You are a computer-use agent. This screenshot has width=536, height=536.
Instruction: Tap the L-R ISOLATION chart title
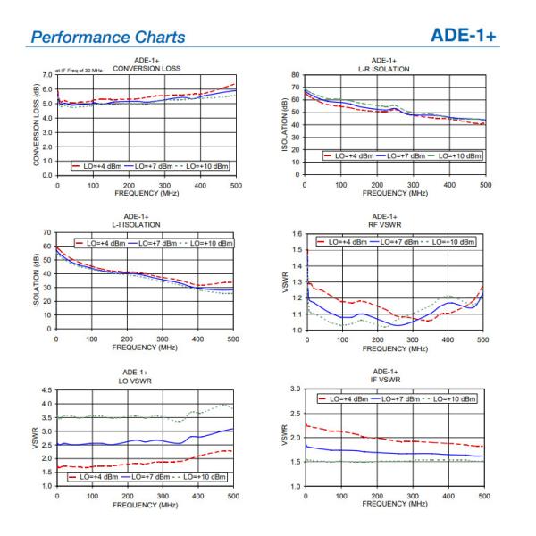tap(393, 69)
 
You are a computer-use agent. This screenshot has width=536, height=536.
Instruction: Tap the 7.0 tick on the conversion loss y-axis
tap(47, 75)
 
